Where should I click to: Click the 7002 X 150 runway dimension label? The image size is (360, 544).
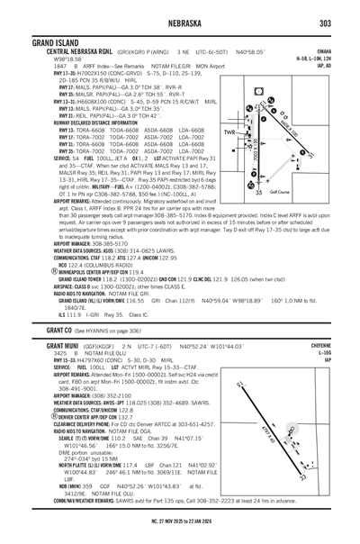click(x=255, y=137)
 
